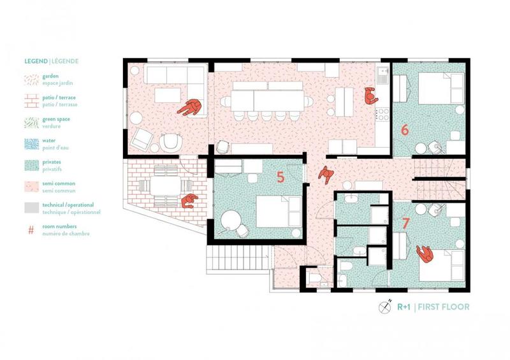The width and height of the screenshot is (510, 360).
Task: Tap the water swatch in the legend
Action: click(x=32, y=144)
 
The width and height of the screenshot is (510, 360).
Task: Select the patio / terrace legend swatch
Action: click(x=32, y=101)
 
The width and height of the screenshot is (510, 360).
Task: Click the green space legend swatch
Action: click(x=32, y=122)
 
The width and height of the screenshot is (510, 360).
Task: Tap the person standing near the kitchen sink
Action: click(x=369, y=96)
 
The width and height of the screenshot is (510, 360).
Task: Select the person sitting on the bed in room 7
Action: click(x=425, y=255)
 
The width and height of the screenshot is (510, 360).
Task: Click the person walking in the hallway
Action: click(x=326, y=173)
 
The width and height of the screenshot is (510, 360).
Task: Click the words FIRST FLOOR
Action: click(x=444, y=307)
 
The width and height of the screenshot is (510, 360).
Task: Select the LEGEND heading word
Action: click(x=36, y=62)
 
